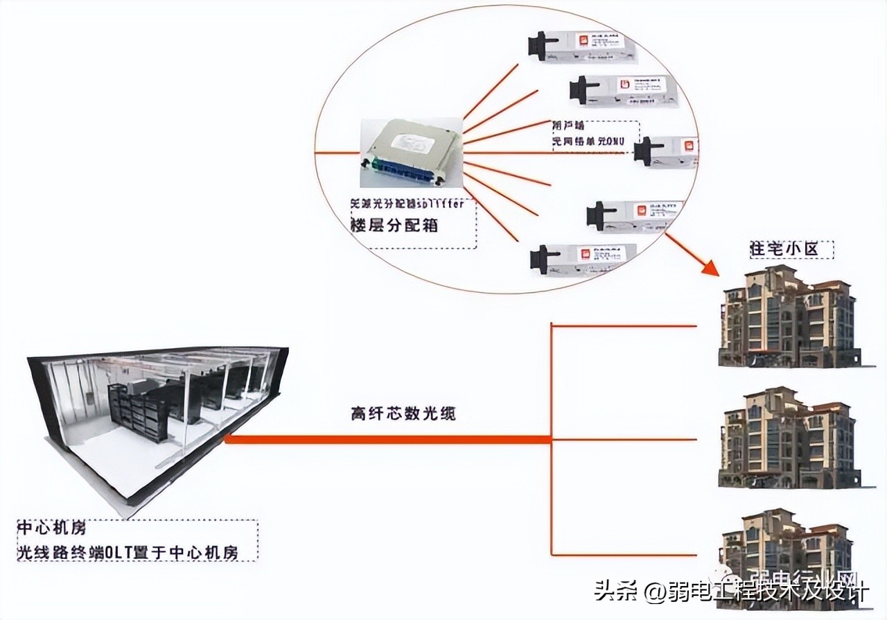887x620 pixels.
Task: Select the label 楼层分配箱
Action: point(394,225)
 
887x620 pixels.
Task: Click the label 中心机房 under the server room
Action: point(52,528)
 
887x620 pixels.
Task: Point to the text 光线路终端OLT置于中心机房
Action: point(128,552)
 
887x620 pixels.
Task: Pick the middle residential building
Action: point(789,438)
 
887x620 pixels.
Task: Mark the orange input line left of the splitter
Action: point(337,153)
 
